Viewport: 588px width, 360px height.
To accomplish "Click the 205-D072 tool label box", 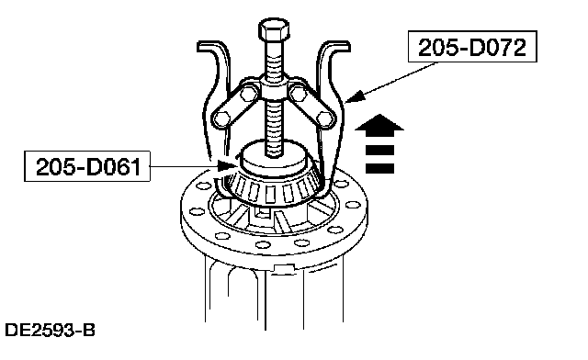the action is (472, 47).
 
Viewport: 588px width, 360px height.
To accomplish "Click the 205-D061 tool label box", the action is (87, 166).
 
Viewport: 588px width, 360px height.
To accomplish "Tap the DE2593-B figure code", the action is (50, 330).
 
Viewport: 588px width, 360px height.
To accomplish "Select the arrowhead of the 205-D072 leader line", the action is (355, 96).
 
